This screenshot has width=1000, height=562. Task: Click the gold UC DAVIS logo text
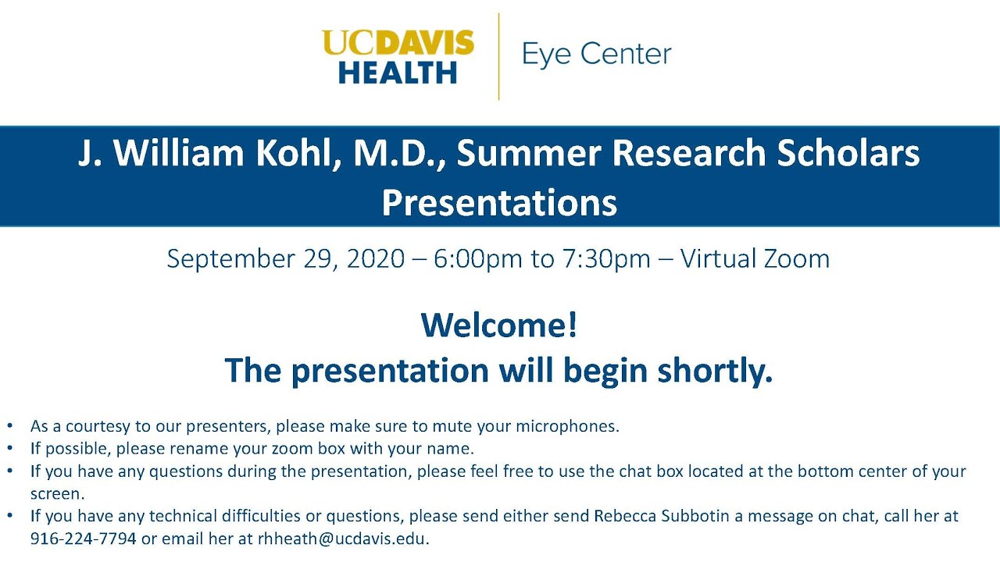click(398, 43)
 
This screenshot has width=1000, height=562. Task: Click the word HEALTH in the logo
click(398, 72)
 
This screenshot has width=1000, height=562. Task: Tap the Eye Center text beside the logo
click(596, 55)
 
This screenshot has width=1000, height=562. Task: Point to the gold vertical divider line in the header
click(498, 56)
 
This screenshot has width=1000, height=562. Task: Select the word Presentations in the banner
click(499, 203)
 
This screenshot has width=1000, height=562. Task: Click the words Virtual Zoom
click(755, 258)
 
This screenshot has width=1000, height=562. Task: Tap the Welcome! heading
click(499, 325)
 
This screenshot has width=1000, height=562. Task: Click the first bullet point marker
click(9, 427)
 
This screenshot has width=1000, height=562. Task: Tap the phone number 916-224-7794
click(83, 539)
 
